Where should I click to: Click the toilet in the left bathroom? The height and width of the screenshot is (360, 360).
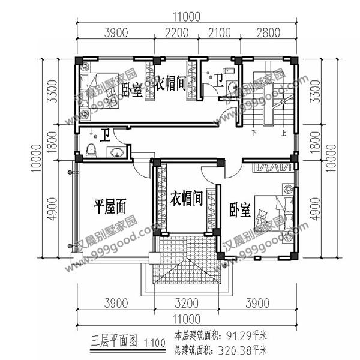[x=91, y=150]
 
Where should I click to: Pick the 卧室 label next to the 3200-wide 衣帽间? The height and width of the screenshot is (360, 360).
[x=239, y=210]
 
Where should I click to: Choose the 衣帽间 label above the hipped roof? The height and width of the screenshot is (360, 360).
[x=185, y=197]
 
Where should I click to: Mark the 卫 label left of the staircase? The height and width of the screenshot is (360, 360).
[x=219, y=78]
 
